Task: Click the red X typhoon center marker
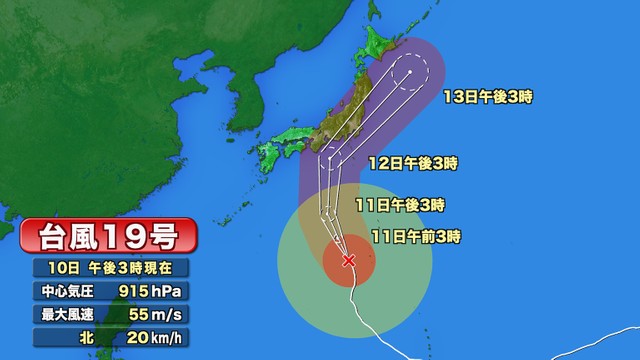[348, 261]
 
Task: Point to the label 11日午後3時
[399, 204]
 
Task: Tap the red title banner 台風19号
[109, 238]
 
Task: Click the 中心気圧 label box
[68, 291]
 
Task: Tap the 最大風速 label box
[68, 315]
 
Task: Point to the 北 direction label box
[68, 339]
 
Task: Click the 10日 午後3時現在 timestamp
[109, 267]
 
